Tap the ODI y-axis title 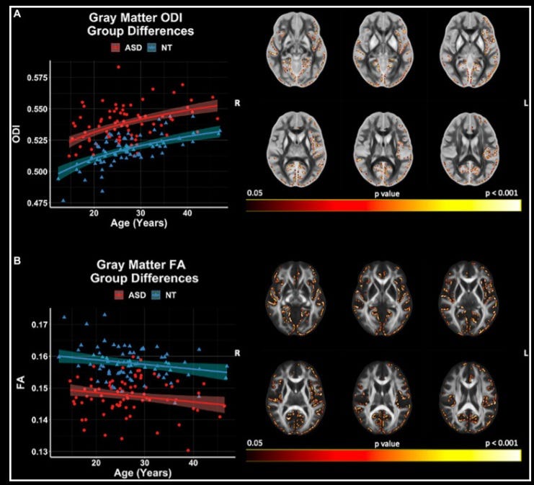(15, 140)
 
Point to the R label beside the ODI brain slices (236, 104)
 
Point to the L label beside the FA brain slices (526, 353)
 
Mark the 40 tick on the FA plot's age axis (193, 466)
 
